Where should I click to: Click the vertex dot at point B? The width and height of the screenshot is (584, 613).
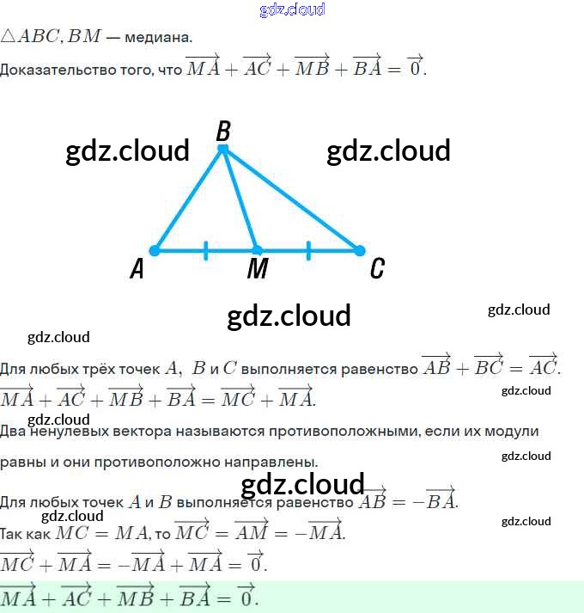coord(222,150)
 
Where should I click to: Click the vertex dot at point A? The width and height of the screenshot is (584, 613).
coord(155,251)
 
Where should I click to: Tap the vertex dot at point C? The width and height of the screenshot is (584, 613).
coord(359,251)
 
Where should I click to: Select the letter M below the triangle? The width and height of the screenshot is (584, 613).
coord(257,270)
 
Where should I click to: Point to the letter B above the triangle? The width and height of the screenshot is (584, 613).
coord(223,132)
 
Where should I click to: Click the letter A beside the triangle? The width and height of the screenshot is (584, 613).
coord(137,270)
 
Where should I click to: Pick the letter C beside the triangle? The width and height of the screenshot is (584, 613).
coord(376,269)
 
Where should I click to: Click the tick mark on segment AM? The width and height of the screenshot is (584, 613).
coord(206,251)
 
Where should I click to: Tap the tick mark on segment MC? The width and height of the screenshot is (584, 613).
coord(308,251)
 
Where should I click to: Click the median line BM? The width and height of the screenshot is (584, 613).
coord(239,199)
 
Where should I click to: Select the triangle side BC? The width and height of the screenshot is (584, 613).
coord(290,199)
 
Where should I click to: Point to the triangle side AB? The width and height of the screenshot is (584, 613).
coord(189,199)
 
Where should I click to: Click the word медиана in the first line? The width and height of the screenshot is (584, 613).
coord(160,38)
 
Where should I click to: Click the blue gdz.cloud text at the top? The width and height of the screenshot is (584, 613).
coord(292,9)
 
